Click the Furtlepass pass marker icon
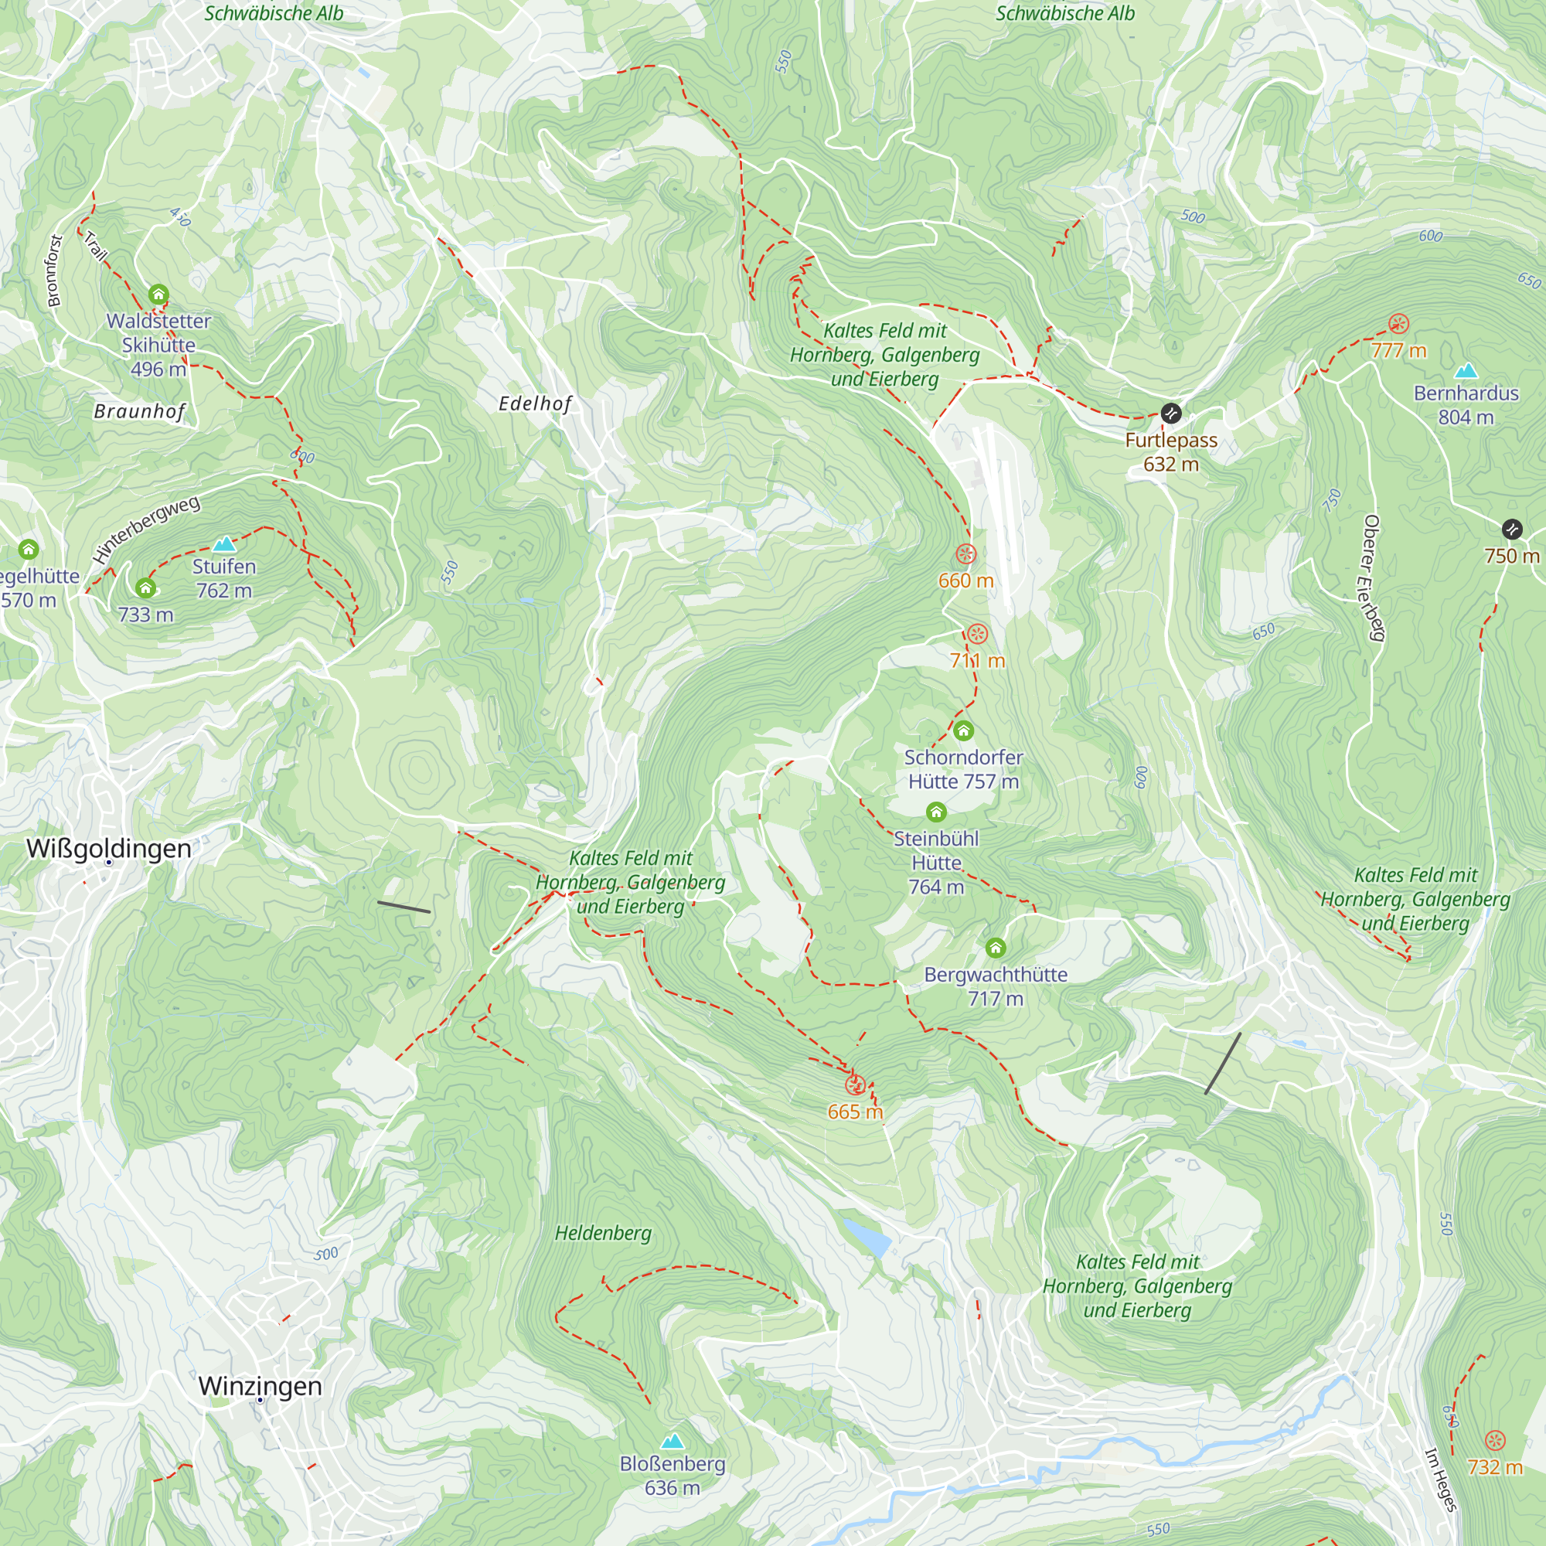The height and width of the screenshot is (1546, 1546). pyautogui.click(x=1170, y=414)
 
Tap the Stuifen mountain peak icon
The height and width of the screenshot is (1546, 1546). pyautogui.click(x=224, y=545)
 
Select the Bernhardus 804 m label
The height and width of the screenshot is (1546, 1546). pyautogui.click(x=1465, y=405)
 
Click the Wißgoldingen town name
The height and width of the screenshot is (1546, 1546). pyautogui.click(x=109, y=848)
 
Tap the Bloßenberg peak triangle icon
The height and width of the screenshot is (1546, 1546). pyautogui.click(x=673, y=1441)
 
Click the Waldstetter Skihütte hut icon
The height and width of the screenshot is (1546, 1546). pyautogui.click(x=158, y=295)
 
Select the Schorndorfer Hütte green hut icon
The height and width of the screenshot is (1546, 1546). pyautogui.click(x=963, y=730)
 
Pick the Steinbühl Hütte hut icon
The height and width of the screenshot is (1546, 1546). pyautogui.click(x=936, y=812)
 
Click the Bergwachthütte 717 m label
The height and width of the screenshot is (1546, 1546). pyautogui.click(x=996, y=986)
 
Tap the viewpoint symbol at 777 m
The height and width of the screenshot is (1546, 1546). pyautogui.click(x=1398, y=324)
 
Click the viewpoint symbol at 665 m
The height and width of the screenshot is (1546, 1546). pyautogui.click(x=855, y=1085)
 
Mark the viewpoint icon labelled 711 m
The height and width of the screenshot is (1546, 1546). pyautogui.click(x=977, y=634)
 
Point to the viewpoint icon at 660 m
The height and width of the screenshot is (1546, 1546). pyautogui.click(x=965, y=553)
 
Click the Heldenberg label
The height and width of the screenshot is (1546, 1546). pyautogui.click(x=604, y=1233)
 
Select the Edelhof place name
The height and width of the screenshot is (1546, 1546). pyautogui.click(x=536, y=404)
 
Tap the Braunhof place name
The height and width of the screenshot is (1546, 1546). pyautogui.click(x=140, y=411)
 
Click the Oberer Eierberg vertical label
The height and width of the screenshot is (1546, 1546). pyautogui.click(x=1373, y=577)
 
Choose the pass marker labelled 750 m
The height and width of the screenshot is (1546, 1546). pyautogui.click(x=1510, y=529)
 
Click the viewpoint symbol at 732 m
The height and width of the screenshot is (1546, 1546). pyautogui.click(x=1495, y=1441)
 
